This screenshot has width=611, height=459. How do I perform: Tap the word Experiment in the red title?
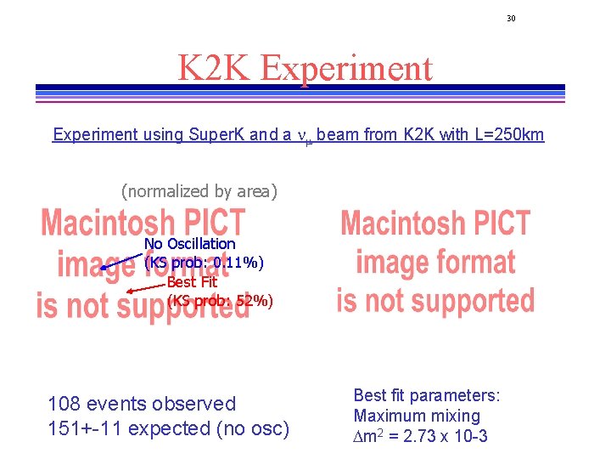click(347, 68)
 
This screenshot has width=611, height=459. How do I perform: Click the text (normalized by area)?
click(199, 191)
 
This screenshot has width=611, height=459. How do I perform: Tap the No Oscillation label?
click(190, 244)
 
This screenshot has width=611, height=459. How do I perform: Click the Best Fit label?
click(192, 281)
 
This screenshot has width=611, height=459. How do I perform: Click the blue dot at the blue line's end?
click(103, 268)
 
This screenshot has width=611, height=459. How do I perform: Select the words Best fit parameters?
click(427, 395)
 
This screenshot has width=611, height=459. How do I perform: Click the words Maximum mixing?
click(417, 416)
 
